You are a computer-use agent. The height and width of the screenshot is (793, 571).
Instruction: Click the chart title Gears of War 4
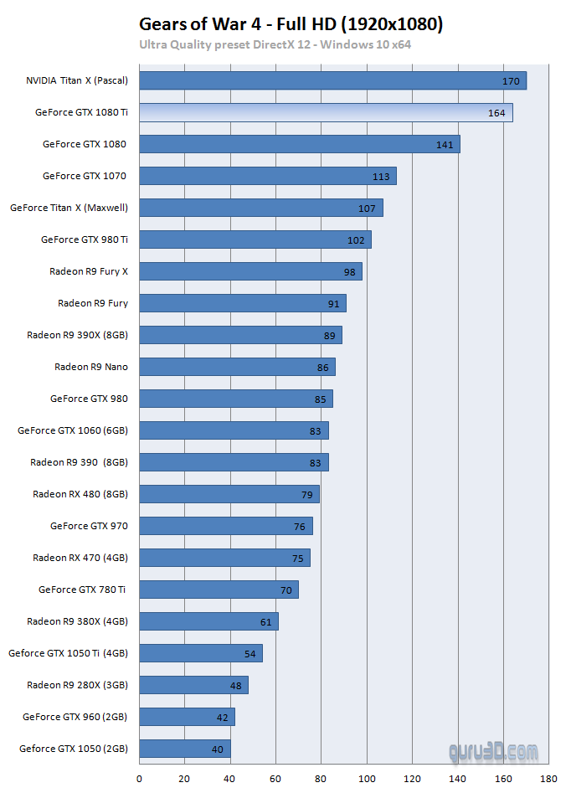(291, 25)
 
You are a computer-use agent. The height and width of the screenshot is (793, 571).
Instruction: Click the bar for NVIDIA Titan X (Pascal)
(332, 80)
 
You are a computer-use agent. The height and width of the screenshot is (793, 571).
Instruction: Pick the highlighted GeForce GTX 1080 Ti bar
(326, 112)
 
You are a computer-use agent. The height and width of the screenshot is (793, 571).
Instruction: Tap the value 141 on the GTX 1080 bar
(445, 145)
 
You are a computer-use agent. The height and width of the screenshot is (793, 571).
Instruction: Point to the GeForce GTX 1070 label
(85, 176)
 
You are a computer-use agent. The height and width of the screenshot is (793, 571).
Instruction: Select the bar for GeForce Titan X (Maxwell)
(260, 208)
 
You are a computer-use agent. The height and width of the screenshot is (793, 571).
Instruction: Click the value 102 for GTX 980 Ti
(356, 240)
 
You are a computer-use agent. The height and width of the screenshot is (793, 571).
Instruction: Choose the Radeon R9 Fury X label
(89, 271)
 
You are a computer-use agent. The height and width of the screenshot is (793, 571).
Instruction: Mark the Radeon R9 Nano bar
(237, 367)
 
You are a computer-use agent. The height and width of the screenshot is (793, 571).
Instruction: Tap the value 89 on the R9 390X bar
(329, 336)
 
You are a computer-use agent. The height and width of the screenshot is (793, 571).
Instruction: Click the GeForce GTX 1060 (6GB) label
(73, 430)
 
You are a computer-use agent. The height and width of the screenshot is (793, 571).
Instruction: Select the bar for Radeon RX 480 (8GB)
(229, 494)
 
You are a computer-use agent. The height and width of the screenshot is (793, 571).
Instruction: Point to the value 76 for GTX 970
(300, 527)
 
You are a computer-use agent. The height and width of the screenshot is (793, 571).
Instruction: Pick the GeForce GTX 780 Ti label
(82, 590)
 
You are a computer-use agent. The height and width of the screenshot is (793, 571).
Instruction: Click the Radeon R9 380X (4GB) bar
(208, 621)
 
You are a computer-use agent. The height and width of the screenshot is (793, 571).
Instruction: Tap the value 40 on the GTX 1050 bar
(218, 749)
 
